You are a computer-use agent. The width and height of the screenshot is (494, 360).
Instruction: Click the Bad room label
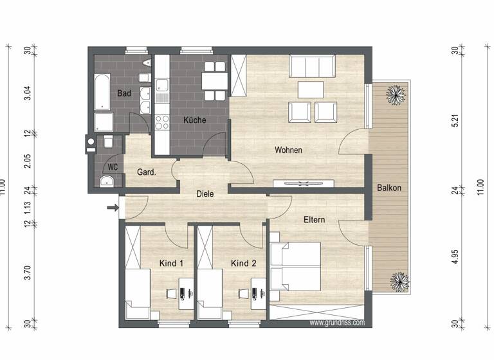point(124,93)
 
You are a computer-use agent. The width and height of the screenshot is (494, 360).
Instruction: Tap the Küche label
point(194,120)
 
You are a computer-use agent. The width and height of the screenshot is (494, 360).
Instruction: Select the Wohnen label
point(288,150)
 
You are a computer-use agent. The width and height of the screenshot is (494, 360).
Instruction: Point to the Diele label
point(205,193)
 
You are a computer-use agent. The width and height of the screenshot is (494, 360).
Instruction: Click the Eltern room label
point(314,220)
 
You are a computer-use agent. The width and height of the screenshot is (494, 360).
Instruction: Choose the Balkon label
point(389,188)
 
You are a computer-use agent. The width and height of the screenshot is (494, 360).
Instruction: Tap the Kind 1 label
point(172,264)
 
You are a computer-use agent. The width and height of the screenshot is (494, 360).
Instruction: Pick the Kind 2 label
point(244,264)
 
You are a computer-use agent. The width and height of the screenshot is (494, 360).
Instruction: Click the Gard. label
point(147,172)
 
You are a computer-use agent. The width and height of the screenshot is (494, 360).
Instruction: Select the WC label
point(113,167)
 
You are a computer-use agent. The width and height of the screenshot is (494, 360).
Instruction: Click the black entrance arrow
point(113,207)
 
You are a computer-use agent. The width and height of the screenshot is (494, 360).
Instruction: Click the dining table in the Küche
point(214,81)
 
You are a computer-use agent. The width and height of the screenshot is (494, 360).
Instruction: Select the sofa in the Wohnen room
point(312,65)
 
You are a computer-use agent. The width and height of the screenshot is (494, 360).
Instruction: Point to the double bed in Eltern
point(297,266)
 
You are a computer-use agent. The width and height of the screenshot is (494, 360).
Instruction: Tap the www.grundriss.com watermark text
point(337,323)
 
